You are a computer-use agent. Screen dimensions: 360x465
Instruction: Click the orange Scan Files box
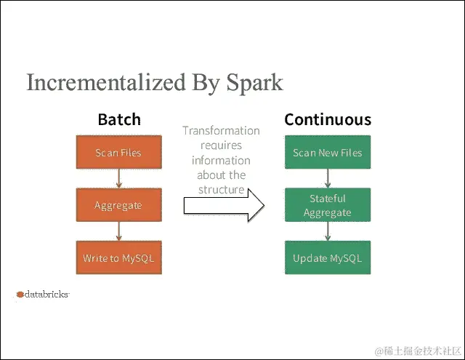118,153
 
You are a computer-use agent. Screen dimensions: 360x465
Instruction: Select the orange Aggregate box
118,205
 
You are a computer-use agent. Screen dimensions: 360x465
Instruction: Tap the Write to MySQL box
118,258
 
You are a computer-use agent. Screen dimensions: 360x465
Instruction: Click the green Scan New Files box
327,153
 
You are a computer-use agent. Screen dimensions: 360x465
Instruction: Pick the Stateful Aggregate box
327,205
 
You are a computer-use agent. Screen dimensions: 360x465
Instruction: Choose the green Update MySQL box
327,258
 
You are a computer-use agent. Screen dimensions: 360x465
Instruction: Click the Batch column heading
119,119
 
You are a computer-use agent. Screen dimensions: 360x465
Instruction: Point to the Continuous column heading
327,119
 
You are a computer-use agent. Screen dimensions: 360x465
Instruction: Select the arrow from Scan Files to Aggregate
118,179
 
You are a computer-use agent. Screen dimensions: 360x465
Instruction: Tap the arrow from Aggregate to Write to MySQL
118,231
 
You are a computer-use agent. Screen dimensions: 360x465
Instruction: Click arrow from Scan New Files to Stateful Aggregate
328,179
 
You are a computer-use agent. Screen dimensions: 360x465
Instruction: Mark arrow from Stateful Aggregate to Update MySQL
328,231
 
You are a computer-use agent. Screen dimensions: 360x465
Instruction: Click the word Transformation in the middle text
221,131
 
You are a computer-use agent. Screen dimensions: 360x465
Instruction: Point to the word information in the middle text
221,160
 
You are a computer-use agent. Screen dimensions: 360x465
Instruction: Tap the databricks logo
42,295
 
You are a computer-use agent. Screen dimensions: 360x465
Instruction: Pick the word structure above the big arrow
222,189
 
